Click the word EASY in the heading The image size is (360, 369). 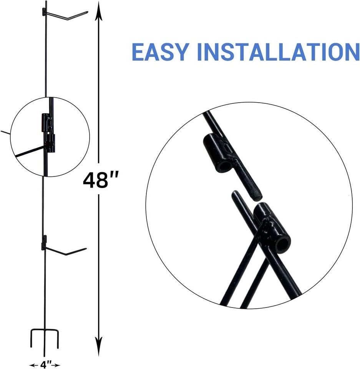[160, 52]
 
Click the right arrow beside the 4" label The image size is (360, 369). [56, 365]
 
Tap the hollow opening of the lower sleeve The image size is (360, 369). [283, 246]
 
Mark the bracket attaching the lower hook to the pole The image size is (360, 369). [44, 243]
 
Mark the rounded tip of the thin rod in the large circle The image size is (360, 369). [234, 193]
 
